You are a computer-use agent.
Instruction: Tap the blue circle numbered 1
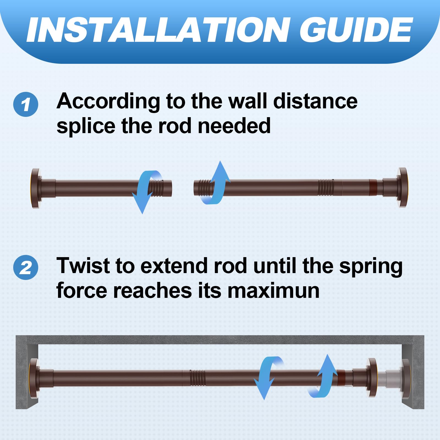point(26,104)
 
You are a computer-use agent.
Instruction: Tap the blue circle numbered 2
point(26,267)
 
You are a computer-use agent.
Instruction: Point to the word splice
point(86,127)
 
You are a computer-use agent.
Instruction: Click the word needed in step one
point(234,126)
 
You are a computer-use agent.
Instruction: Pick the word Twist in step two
point(83,266)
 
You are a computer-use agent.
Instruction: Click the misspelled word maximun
point(274,290)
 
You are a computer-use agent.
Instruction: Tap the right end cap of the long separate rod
point(402,187)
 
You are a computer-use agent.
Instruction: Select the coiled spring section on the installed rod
point(197,378)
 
